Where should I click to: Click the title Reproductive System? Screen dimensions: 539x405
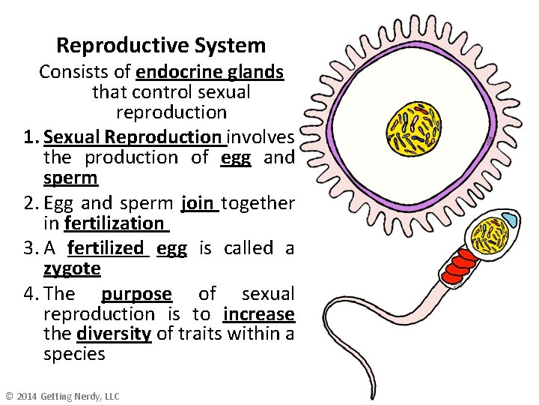161,46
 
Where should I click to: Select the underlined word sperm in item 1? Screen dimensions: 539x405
70,178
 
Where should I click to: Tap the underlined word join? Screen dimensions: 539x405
199,203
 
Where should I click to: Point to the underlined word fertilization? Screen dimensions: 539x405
115,223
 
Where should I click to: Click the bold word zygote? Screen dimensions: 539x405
72,268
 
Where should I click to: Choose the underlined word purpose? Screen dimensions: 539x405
136,294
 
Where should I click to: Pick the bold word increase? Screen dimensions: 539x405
258,313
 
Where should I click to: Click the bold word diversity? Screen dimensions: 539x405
114,334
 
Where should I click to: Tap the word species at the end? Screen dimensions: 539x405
74,354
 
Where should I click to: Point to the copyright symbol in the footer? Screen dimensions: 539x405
9,396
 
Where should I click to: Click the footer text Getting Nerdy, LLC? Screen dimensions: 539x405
79,396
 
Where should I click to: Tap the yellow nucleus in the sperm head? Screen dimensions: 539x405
493,235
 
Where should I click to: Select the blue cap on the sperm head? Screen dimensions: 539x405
509,220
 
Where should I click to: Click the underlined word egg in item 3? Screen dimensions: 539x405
171,248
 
